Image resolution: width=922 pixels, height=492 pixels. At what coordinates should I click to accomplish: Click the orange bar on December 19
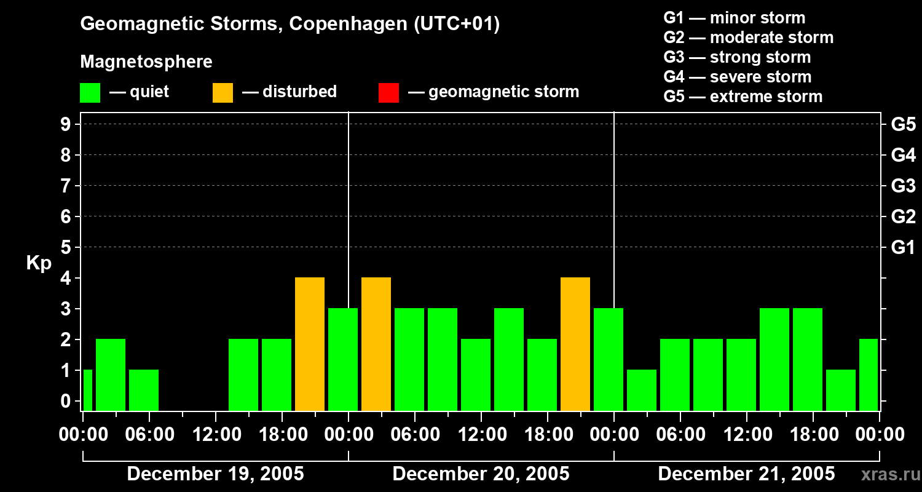[310, 344]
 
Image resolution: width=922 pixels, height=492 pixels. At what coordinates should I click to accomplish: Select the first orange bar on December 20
[376, 344]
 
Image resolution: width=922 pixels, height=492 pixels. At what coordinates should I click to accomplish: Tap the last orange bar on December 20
[575, 344]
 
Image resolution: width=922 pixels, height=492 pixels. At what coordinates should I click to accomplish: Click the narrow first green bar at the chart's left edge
[87, 390]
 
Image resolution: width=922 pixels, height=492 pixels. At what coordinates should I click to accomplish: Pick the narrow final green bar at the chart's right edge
[869, 375]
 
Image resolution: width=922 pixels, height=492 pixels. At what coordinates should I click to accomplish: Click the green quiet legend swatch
[90, 92]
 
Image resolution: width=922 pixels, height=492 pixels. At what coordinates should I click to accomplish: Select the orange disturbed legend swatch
[223, 92]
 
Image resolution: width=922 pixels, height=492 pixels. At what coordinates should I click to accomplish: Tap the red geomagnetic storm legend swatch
[388, 92]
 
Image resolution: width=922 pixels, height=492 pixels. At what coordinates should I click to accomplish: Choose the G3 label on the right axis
[903, 186]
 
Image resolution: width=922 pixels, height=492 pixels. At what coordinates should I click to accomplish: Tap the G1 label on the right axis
[903, 247]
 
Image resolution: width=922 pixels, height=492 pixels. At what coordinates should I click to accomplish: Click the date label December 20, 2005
[481, 474]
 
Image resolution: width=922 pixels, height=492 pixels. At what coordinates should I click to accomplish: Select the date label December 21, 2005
[746, 474]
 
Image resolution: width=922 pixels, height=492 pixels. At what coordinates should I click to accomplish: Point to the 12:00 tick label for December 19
[215, 435]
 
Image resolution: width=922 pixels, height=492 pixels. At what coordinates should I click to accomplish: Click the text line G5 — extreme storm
[743, 97]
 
